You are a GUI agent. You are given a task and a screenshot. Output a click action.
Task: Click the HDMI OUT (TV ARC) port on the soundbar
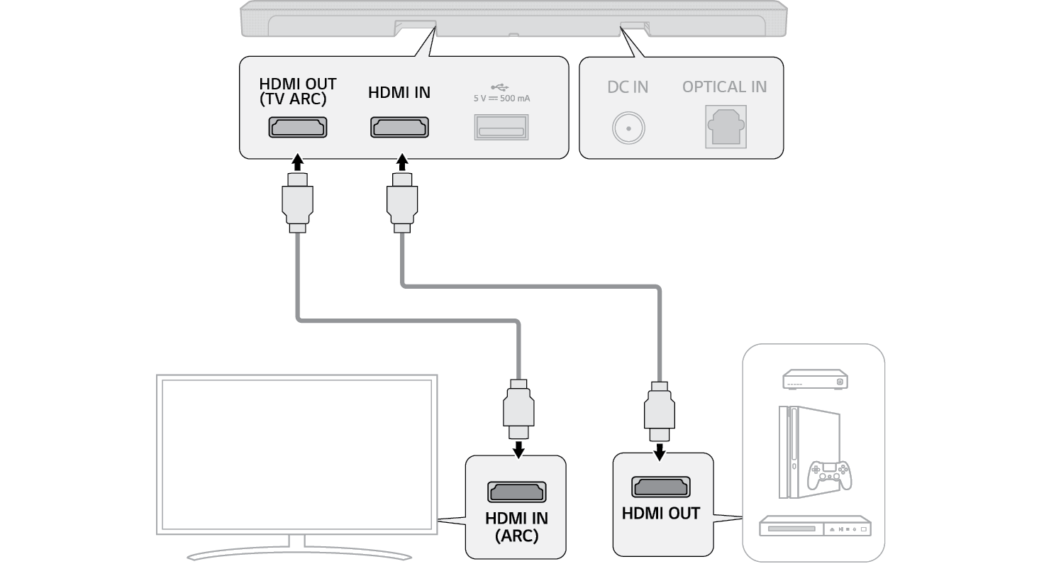[x=298, y=128]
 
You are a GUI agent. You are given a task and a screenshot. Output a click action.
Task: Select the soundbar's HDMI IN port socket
[x=399, y=128]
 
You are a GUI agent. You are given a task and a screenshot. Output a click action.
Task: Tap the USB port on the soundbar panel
[x=501, y=128]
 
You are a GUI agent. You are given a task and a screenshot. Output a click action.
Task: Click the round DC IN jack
[x=628, y=128]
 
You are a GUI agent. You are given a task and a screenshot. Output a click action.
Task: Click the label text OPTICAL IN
[x=724, y=87]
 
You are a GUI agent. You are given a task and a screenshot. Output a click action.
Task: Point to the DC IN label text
[x=628, y=87]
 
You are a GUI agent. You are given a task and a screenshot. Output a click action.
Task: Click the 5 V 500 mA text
[x=501, y=99]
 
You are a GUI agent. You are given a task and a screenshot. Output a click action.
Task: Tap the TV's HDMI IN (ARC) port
[x=516, y=492]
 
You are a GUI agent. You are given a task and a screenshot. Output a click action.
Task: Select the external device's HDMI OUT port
[x=660, y=487]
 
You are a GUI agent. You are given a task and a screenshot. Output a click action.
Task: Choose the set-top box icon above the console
[x=815, y=380]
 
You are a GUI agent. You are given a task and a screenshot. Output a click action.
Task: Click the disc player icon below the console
[x=814, y=528]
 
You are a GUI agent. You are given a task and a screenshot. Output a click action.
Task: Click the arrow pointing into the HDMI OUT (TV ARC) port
[x=298, y=160]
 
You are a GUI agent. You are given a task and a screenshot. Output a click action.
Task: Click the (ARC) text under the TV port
[x=516, y=536]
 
